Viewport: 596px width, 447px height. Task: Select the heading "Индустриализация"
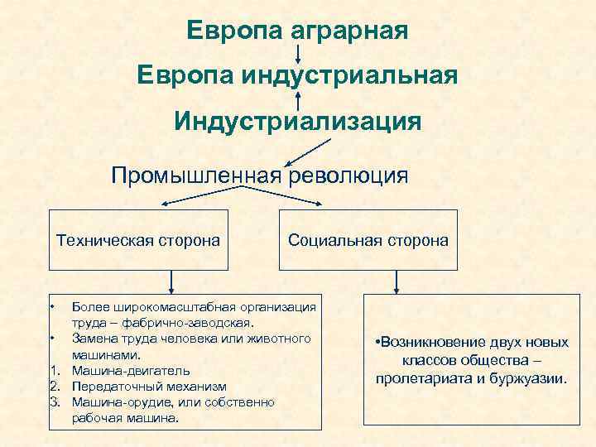pos(297,122)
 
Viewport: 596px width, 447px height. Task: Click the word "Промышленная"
pos(198,175)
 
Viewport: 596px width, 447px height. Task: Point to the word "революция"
pos(348,175)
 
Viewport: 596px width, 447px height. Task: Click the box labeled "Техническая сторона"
pos(137,241)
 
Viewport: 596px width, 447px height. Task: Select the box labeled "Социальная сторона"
pos(368,241)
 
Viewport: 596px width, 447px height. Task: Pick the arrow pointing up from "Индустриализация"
pos(297,99)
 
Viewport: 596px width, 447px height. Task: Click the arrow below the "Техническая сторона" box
pos(171,281)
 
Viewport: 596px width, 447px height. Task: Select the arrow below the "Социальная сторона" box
pos(397,282)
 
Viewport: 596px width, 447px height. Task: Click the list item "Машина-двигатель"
pos(131,371)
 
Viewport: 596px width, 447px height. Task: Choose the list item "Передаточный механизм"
pos(149,387)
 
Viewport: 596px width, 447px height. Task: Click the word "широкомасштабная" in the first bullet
pos(161,307)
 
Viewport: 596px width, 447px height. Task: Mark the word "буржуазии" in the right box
pos(532,378)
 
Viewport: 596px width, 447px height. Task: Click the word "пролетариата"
pos(416,378)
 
